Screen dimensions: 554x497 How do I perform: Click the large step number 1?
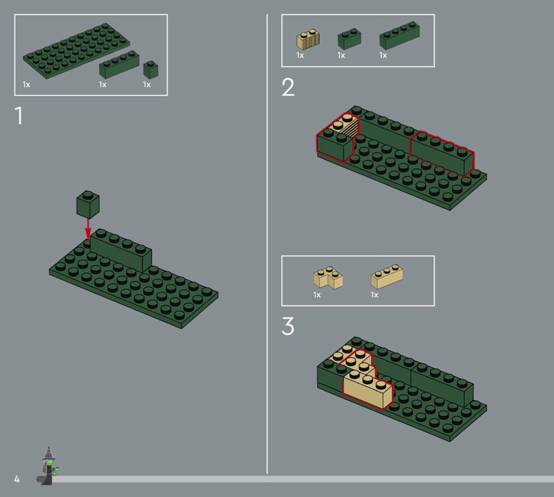[19, 116]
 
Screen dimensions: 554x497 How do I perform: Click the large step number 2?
[288, 87]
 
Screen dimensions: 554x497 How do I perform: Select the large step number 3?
[287, 326]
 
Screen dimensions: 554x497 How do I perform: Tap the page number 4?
[17, 479]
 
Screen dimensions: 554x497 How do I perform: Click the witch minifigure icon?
[48, 465]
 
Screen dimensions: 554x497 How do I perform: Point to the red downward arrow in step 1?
[88, 229]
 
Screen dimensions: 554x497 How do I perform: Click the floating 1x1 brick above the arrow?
[88, 204]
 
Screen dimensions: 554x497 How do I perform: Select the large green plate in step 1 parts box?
[76, 51]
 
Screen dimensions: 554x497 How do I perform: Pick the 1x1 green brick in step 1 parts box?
[150, 70]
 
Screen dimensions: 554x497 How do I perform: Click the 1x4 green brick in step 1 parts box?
[119, 64]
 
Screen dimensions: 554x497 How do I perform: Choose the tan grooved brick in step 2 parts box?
[307, 39]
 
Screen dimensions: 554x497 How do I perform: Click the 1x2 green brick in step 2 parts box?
[350, 39]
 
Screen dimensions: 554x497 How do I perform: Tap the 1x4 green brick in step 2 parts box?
[400, 35]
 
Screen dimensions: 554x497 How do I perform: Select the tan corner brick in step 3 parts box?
[328, 278]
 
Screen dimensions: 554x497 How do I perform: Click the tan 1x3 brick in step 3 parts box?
[387, 277]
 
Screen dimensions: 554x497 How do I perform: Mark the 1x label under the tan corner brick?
[317, 295]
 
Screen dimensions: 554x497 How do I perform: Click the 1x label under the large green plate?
[26, 84]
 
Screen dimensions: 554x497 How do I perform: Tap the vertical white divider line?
[267, 244]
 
